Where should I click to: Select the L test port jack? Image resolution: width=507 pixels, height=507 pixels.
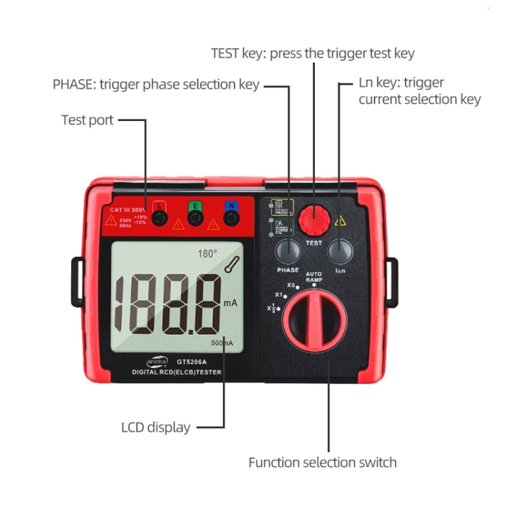[159, 217]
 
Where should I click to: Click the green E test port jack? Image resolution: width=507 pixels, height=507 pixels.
[195, 217]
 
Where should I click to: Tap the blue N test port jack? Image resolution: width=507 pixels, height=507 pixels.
[231, 217]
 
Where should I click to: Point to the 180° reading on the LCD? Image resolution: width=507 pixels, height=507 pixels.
[207, 254]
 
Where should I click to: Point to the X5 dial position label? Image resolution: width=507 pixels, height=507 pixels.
[291, 285]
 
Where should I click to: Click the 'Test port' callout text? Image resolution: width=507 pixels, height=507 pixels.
[87, 120]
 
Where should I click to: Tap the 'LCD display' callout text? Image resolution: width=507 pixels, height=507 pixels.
[155, 427]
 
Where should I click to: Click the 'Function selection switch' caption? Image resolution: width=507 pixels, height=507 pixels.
[322, 463]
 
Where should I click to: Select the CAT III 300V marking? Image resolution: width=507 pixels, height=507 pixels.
[128, 210]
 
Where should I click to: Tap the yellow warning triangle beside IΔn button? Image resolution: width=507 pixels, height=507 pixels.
[340, 220]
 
